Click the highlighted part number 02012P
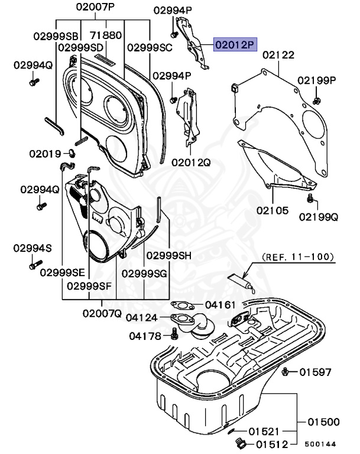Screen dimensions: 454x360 point(235,44)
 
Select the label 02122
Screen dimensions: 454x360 point(278,55)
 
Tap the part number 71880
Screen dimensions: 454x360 point(106,35)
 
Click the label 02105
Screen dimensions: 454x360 point(273,210)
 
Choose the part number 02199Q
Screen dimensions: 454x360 point(318,217)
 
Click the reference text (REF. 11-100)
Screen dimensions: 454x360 point(298,257)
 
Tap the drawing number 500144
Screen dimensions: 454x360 point(321,443)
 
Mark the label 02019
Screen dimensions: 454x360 point(45,154)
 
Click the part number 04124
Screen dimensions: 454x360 point(142,317)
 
